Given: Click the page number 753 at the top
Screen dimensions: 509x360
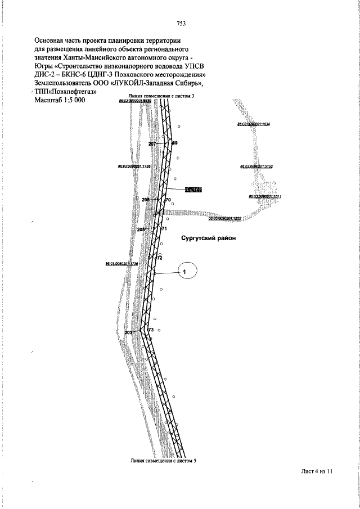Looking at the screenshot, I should tap(181, 23).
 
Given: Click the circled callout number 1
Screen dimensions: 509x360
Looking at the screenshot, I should tap(186, 272).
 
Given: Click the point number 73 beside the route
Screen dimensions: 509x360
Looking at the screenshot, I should tap(150, 329).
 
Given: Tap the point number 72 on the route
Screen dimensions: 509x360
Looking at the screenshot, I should tap(159, 258).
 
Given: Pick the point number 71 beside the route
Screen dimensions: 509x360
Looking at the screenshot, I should tap(164, 229).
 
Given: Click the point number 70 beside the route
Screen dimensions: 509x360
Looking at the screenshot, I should tap(167, 200).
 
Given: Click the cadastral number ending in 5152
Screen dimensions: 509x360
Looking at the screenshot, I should tap(256, 166).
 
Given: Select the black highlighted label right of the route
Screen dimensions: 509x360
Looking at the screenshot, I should tap(193, 190).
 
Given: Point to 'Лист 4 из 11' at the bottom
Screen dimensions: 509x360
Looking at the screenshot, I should tap(317, 472).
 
